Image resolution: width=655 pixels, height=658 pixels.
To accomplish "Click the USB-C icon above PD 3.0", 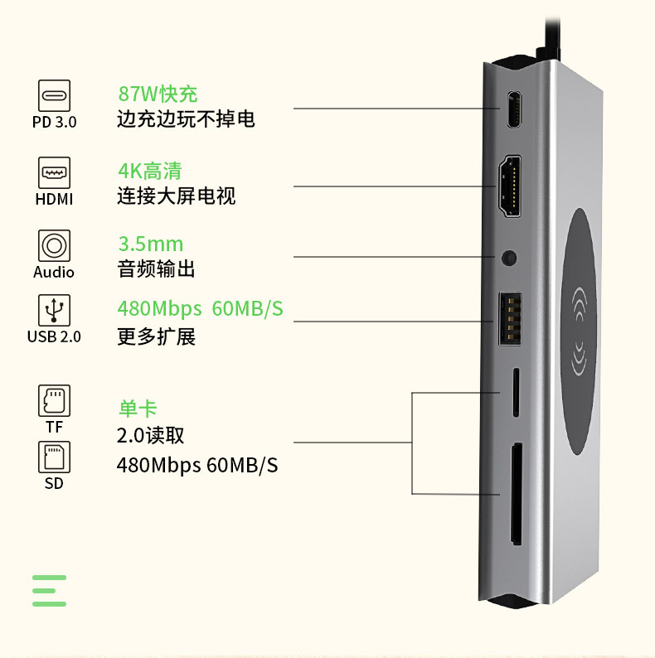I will [54, 95].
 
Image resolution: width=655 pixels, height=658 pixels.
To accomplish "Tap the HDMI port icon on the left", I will [54, 172].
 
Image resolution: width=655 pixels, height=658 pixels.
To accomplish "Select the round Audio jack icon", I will [54, 246].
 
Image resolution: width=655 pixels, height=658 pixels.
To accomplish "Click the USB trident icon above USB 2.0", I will [54, 311].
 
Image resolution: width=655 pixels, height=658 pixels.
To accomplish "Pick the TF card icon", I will [54, 400].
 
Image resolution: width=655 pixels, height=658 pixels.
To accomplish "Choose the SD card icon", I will [54, 457].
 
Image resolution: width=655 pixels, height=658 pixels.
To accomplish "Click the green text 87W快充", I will [158, 94].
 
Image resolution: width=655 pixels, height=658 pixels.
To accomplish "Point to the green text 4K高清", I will [149, 171].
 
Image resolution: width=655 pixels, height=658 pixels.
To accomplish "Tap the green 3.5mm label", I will [150, 244].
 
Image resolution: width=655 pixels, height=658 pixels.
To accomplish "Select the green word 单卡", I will [137, 409].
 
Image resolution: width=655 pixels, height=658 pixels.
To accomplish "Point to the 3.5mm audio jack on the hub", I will [509, 257].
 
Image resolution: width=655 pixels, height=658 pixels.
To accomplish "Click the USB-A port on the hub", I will [509, 320].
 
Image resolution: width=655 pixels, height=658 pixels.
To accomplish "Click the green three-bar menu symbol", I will [50, 591].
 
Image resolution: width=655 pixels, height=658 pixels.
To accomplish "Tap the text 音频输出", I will [156, 270].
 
